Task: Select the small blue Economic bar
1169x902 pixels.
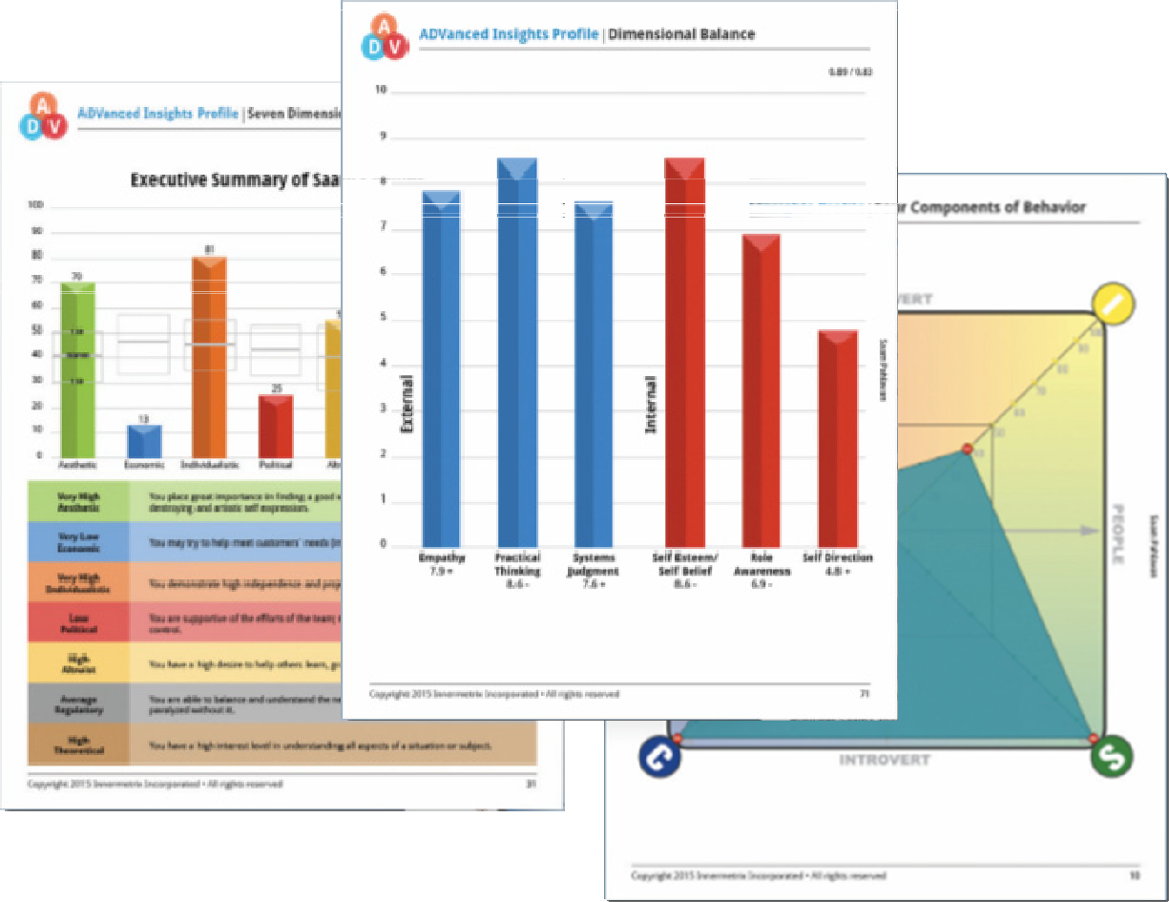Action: [x=144, y=440]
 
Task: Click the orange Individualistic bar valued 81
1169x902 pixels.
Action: [x=209, y=357]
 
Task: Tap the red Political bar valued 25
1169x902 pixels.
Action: [x=276, y=426]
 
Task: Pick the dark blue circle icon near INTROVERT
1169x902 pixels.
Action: [x=659, y=756]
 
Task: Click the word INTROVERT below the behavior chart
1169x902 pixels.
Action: [x=884, y=760]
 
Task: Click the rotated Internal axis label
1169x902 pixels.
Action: [x=652, y=406]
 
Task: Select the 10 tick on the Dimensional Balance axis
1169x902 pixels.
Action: [x=381, y=91]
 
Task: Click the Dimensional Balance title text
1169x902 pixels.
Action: [x=680, y=34]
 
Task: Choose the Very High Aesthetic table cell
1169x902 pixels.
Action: [x=78, y=501]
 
